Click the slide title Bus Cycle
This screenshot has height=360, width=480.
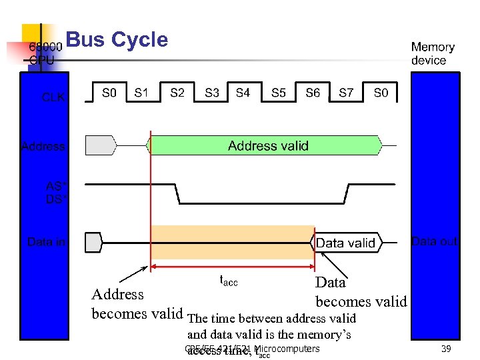click(117, 40)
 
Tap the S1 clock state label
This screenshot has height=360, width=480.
click(141, 93)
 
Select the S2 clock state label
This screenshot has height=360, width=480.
click(177, 93)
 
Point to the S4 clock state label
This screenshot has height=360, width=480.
click(243, 93)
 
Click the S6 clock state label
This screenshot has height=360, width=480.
click(313, 93)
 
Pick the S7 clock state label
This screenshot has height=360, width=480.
click(346, 93)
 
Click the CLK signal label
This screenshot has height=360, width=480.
click(53, 97)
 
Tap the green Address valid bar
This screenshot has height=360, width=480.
click(267, 145)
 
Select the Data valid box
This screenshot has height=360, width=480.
click(345, 243)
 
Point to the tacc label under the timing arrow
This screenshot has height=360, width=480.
click(229, 281)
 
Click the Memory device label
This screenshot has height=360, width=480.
click(433, 53)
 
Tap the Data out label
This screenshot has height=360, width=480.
click(435, 241)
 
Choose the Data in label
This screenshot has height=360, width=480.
click(46, 241)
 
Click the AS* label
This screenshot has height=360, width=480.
click(54, 186)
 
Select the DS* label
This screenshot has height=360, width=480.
click(54, 199)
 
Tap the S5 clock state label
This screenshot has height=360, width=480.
click(279, 93)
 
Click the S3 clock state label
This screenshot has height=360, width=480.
click(212, 93)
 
